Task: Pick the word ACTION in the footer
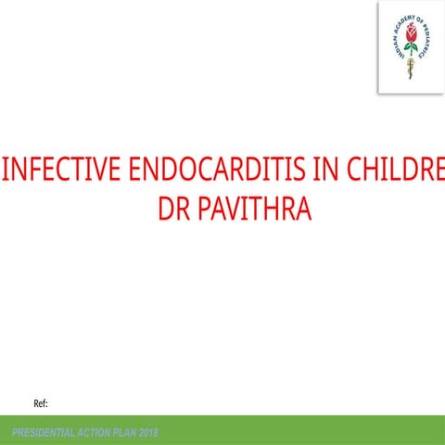coord(101,434)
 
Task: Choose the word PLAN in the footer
coord(133,434)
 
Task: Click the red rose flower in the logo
coord(410,37)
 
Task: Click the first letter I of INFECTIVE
coord(8,172)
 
